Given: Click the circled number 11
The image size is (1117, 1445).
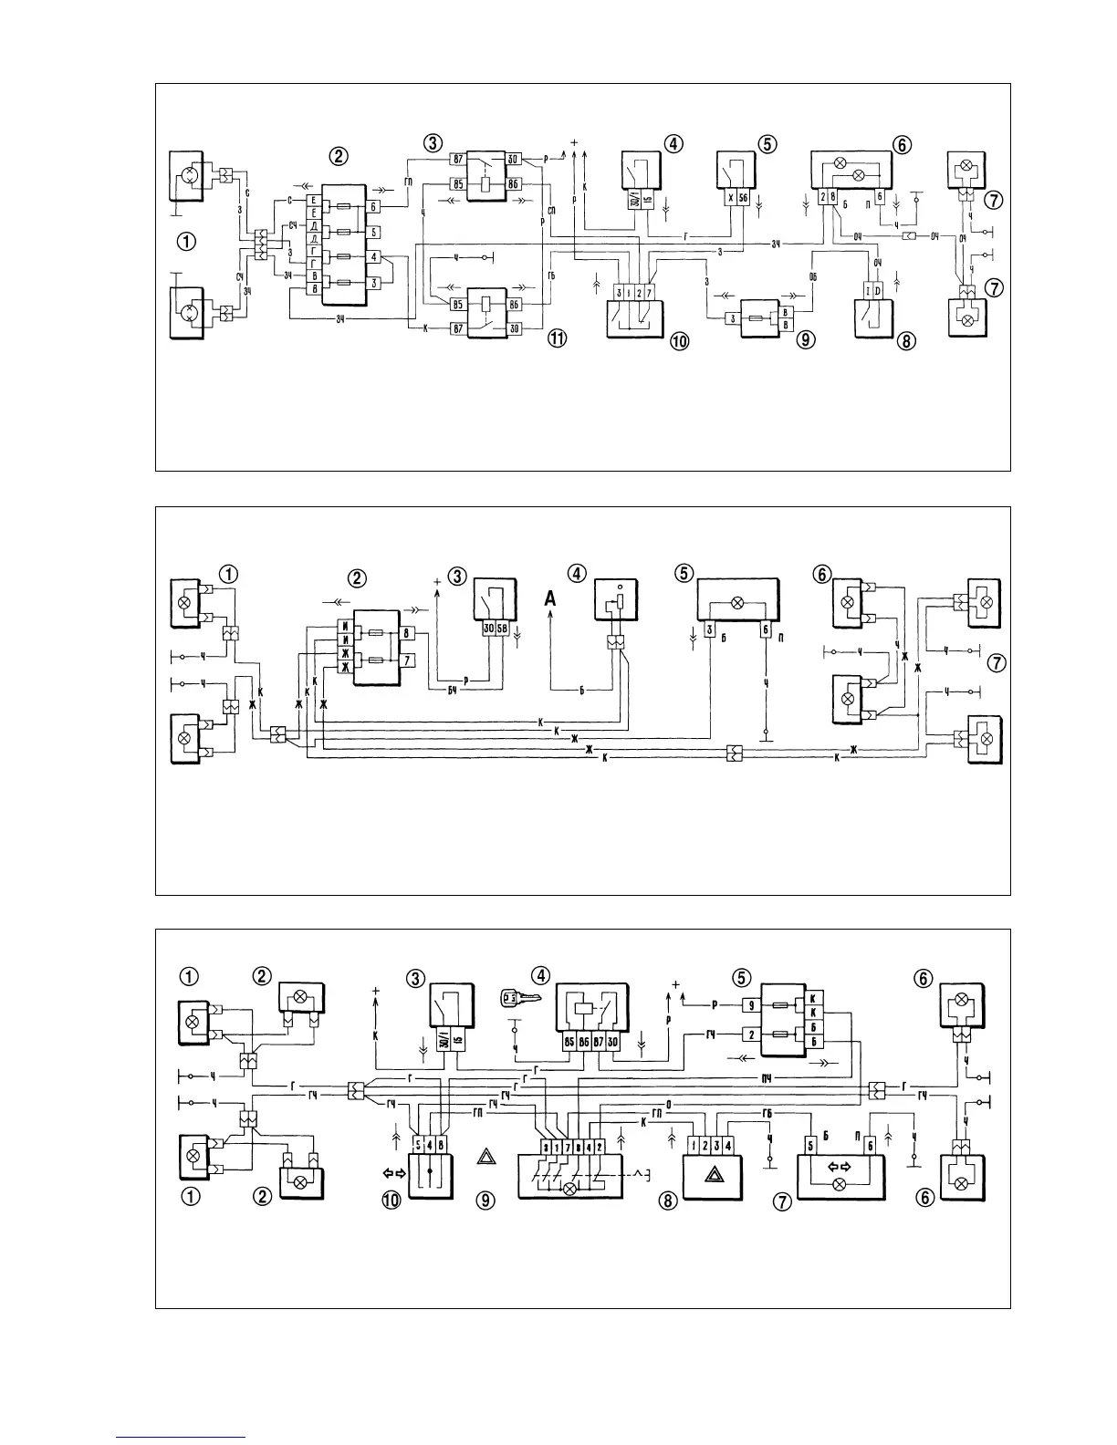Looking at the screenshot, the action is (557, 339).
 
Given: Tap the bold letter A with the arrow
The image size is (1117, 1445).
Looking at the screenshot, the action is (550, 598).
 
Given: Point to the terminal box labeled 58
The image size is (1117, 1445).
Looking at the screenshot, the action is (503, 629).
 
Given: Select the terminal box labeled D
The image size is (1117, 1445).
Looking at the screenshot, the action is (878, 290).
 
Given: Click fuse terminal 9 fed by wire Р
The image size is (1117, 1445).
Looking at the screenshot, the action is (749, 1006).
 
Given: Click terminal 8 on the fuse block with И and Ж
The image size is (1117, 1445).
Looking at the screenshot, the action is (407, 631).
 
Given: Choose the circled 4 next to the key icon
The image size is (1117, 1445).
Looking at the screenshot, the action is (541, 975).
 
